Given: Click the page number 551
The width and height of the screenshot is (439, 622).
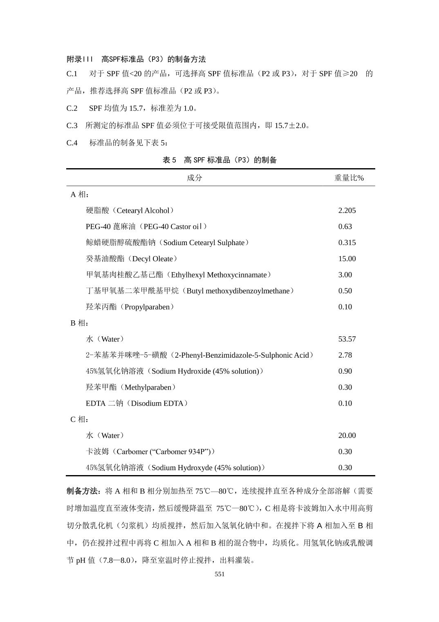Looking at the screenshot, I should click(219, 574).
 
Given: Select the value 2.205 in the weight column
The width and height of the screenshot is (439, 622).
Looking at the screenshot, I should click(347, 210).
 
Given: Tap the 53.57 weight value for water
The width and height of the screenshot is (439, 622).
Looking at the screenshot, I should click(347, 339).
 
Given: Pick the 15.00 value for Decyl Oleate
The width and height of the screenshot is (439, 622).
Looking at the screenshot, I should click(347, 259).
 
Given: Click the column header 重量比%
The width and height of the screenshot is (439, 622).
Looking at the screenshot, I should click(349, 178).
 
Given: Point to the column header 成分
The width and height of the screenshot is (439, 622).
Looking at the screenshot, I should click(194, 178).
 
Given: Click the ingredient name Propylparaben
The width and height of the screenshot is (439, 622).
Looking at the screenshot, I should click(147, 307).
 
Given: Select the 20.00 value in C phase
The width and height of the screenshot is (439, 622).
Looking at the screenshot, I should click(347, 435).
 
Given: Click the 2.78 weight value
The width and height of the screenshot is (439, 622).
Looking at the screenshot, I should click(345, 355).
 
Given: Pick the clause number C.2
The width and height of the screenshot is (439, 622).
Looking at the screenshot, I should click(72, 108).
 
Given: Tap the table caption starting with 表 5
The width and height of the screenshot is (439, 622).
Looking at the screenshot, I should click(219, 160).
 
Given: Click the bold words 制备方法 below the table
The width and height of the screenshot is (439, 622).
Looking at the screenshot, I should click(82, 491).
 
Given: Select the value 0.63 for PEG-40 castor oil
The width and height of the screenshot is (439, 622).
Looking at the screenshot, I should click(345, 226).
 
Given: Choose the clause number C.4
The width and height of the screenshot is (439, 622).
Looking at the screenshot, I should click(72, 143).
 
